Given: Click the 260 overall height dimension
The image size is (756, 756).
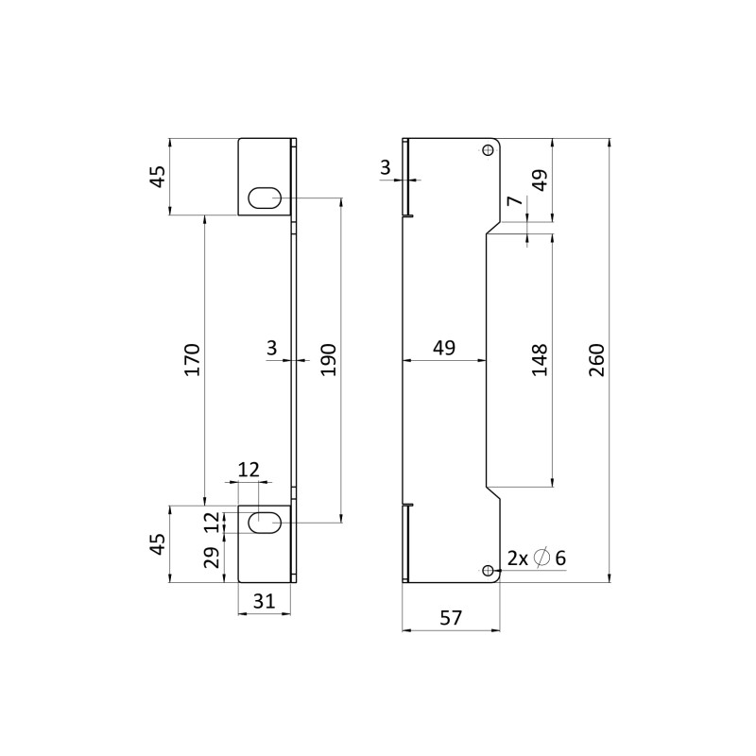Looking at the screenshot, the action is pos(597,360).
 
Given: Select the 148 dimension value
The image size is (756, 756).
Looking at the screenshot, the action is pos(540,360).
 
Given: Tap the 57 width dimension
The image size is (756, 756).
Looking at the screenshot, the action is pos(451,618).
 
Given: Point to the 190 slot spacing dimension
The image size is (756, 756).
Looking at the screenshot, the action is pos(329,360).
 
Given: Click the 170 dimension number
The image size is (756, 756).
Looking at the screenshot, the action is pos(193,360).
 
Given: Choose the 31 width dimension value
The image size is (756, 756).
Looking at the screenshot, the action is pos(265,601).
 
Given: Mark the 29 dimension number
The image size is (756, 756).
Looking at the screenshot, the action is pos(212,558).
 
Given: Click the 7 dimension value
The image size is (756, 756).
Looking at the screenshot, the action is pos(515,200).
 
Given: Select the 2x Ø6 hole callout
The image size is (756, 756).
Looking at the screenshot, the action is pos(537,558).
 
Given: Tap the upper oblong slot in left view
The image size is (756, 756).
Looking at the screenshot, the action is pos(265,198).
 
